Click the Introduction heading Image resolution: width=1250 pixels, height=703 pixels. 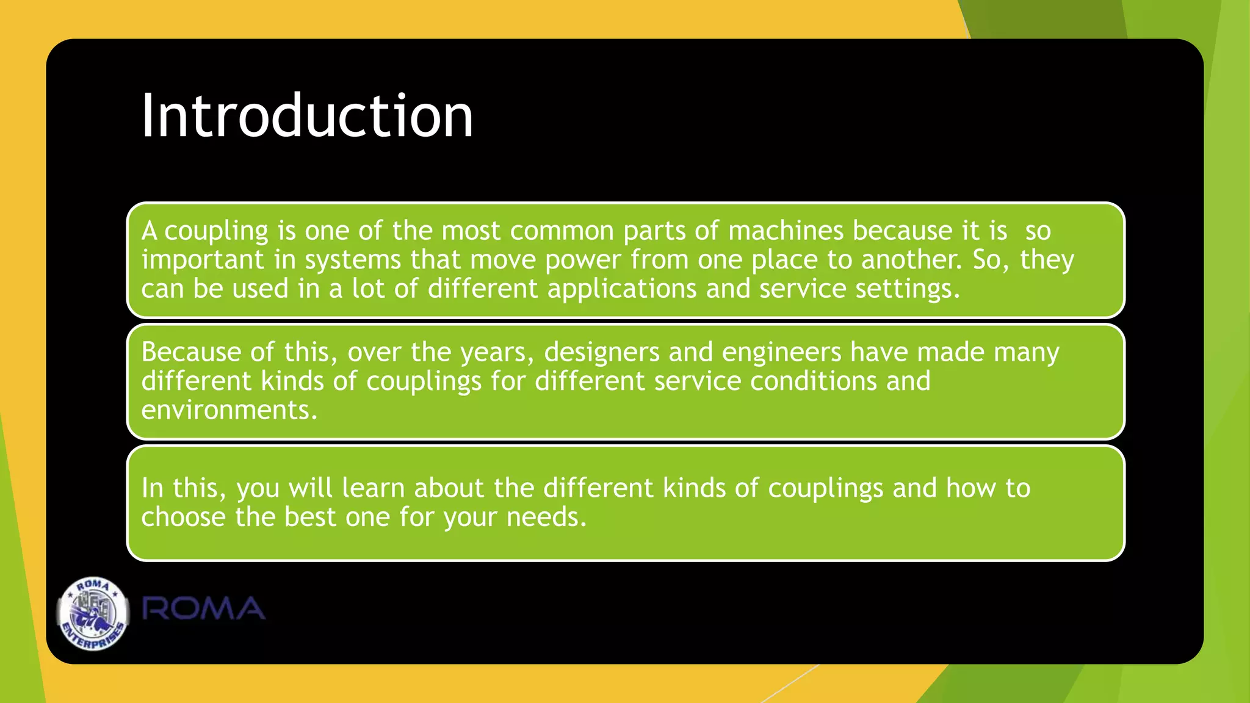click(x=307, y=116)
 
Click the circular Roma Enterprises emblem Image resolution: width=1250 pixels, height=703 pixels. click(x=93, y=613)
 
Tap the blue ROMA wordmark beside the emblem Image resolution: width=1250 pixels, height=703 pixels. click(x=204, y=609)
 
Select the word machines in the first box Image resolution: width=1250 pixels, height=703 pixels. click(x=786, y=231)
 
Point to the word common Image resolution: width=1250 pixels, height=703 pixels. click(x=562, y=231)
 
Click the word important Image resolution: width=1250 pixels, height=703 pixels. click(x=203, y=260)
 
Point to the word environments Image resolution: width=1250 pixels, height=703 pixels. click(x=229, y=410)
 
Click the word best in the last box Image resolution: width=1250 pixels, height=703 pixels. click(x=310, y=517)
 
